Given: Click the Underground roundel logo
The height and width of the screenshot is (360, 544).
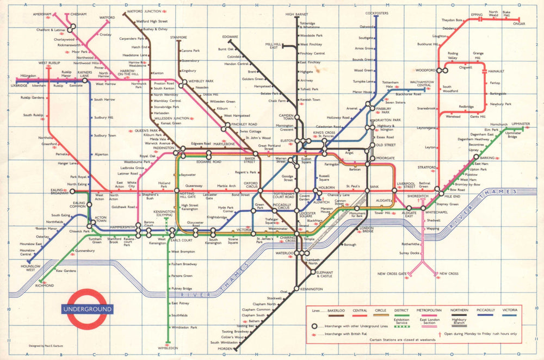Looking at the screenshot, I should (x=87, y=309).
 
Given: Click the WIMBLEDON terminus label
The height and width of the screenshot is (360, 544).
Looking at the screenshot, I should (x=168, y=349).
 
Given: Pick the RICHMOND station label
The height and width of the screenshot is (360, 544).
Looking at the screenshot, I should (x=45, y=285).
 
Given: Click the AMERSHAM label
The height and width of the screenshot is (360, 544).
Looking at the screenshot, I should (x=41, y=14).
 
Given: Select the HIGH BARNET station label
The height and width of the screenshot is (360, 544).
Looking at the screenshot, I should (x=297, y=14).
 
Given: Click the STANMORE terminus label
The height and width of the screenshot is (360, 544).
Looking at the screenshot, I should (x=178, y=38).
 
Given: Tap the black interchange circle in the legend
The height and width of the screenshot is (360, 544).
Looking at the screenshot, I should (x=314, y=326).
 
